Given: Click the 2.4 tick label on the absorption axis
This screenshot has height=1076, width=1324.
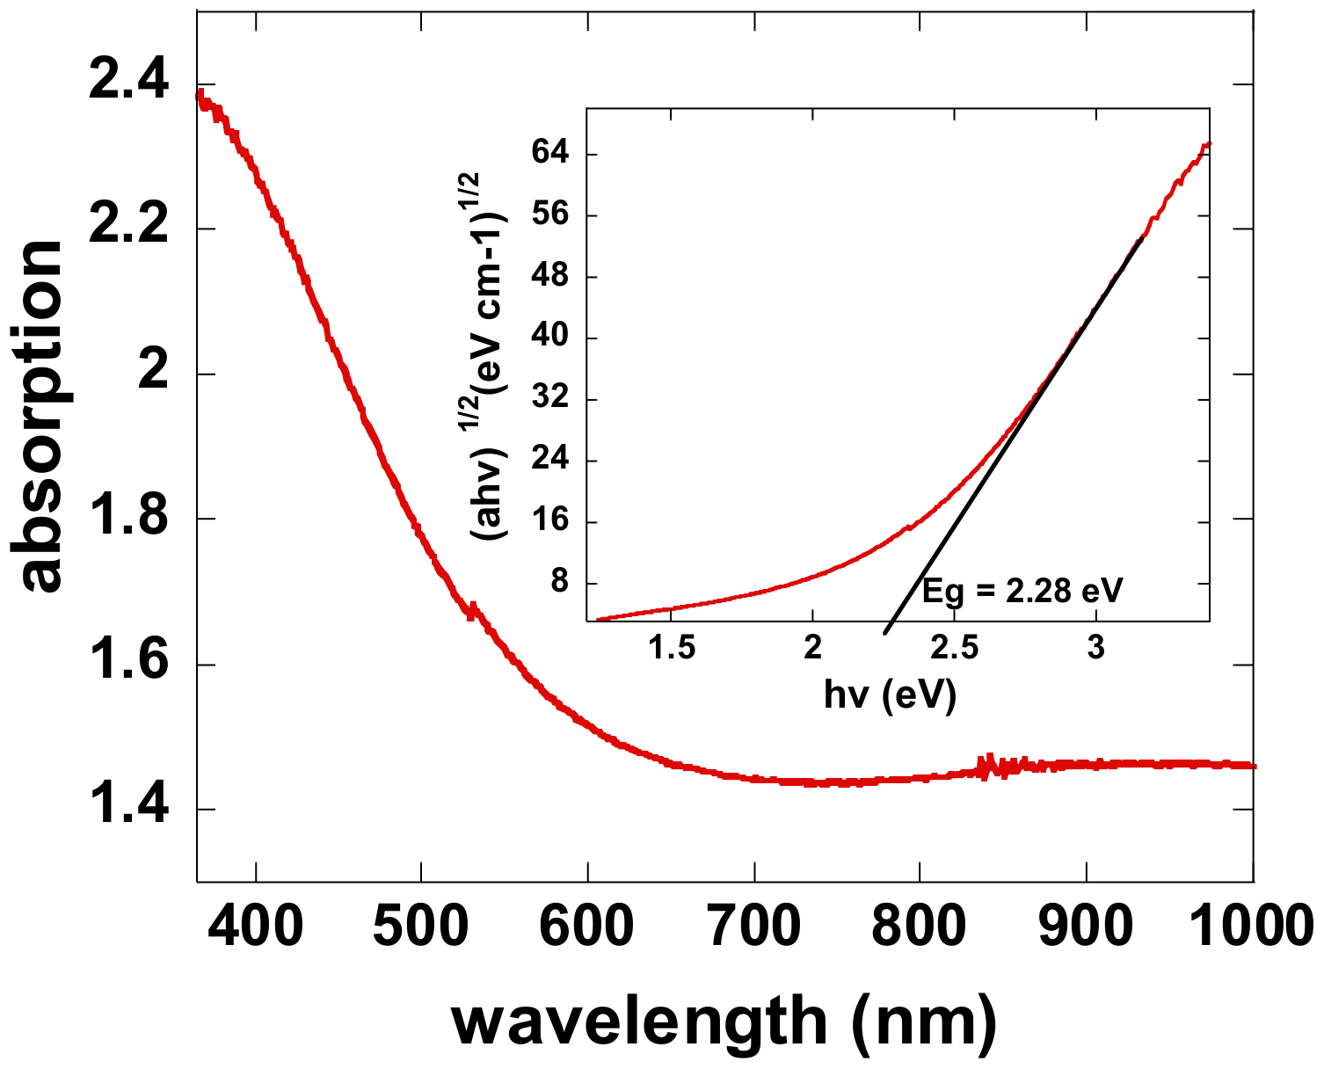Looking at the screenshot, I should click(x=128, y=84).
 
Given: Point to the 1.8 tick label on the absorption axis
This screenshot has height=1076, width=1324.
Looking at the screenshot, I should click(x=128, y=519).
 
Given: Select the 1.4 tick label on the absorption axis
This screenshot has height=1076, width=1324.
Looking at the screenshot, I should click(x=128, y=809).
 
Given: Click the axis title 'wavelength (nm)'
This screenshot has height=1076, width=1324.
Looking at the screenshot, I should click(x=724, y=1021).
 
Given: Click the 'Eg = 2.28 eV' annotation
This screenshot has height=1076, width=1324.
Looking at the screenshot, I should click(x=1022, y=591).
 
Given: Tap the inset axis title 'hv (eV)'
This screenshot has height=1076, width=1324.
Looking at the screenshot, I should click(x=890, y=694).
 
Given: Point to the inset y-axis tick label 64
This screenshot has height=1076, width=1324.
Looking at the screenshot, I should click(x=550, y=154).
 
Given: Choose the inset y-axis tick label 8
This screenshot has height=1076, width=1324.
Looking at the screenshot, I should click(x=560, y=583).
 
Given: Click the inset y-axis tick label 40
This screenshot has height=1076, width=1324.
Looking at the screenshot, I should click(x=550, y=338).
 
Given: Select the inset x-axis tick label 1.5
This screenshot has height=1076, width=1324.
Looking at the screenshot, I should click(x=672, y=648).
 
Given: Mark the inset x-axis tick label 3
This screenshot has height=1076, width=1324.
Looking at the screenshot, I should click(x=1095, y=648).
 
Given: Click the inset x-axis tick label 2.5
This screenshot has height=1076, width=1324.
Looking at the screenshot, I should click(x=954, y=648).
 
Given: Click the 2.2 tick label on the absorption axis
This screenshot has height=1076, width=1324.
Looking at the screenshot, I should click(x=128, y=229).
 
